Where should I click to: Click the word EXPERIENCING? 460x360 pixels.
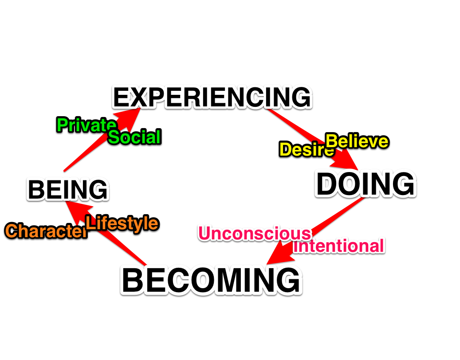[212, 98]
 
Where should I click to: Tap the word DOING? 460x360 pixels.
[365, 184]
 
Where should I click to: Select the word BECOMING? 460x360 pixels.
[211, 281]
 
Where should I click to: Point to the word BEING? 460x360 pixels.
[67, 190]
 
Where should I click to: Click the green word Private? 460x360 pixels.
[86, 125]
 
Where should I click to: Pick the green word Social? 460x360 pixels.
[134, 137]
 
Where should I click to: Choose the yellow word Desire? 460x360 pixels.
[306, 149]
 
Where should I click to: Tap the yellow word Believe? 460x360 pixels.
[357, 141]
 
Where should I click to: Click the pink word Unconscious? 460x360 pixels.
[255, 233]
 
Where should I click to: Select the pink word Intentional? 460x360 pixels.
[338, 246]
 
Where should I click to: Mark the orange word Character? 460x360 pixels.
[46, 231]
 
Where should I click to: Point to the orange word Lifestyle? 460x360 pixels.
[122, 223]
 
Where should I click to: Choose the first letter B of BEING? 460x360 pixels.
[35, 190]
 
